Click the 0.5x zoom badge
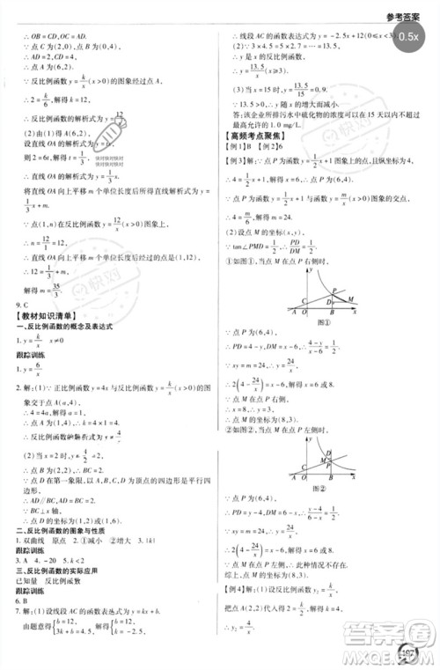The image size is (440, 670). [x=407, y=37]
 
